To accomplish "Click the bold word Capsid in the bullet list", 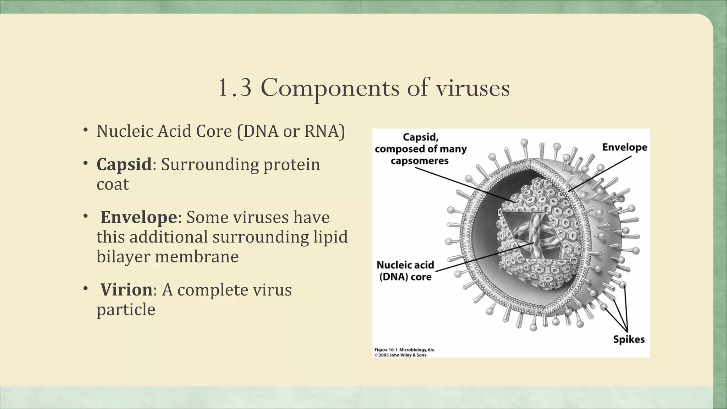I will point(124,165).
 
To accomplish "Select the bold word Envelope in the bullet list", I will point(138,217).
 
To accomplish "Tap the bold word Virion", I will point(126,290).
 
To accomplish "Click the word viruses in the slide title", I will point(472,88).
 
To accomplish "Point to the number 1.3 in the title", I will point(234,88).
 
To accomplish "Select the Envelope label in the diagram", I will point(624,147).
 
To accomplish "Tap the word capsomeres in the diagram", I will point(420,161).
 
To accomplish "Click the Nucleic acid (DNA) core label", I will point(405,271).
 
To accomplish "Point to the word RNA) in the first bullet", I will point(324,131).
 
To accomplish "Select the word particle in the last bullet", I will point(126,310).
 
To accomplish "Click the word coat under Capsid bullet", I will point(113,184).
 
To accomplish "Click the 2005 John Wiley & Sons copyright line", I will point(400,355).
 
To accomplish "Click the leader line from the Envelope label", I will point(600,173).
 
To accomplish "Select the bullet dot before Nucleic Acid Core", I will point(86,130).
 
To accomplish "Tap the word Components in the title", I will point(330,88).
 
